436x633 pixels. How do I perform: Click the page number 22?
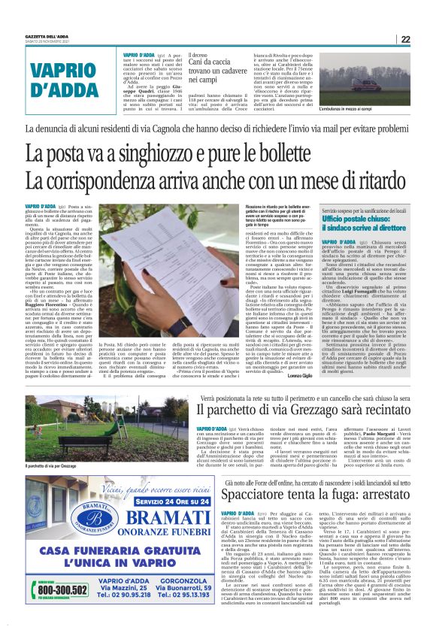pos(404,39)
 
